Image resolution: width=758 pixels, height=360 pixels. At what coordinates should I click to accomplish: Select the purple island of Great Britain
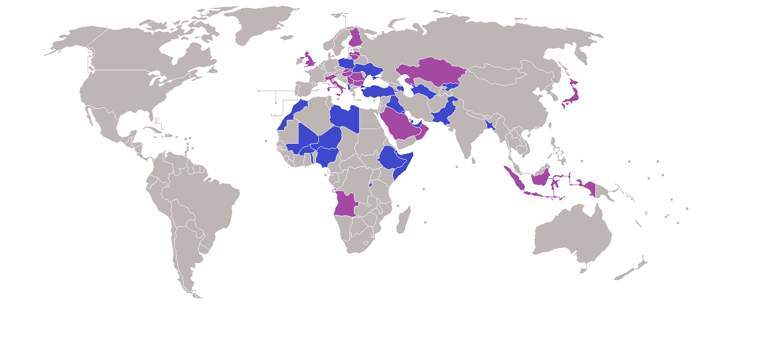tap(309, 60)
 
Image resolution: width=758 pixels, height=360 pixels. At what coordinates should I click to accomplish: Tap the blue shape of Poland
tap(347, 64)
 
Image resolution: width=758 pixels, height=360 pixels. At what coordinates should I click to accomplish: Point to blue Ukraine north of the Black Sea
tap(369, 70)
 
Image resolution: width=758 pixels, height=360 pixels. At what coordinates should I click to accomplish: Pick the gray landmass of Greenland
tap(263, 22)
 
